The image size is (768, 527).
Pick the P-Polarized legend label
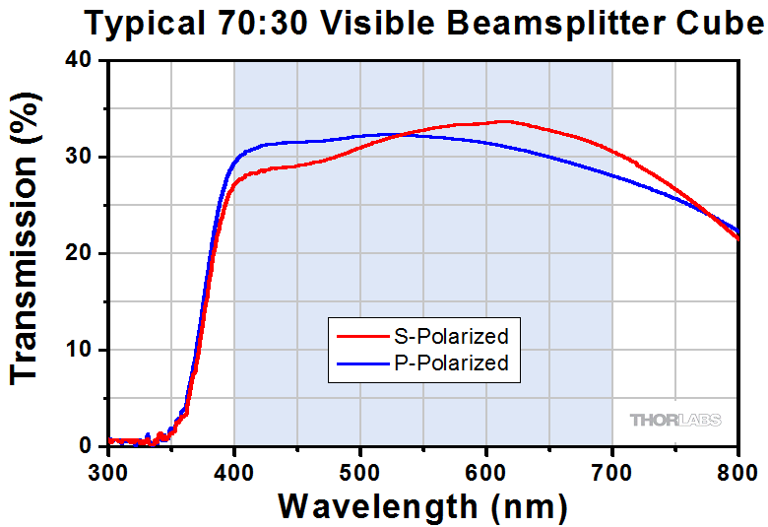pos(450,362)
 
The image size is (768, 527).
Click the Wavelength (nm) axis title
pos(422,506)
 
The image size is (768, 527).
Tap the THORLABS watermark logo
pos(674,420)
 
